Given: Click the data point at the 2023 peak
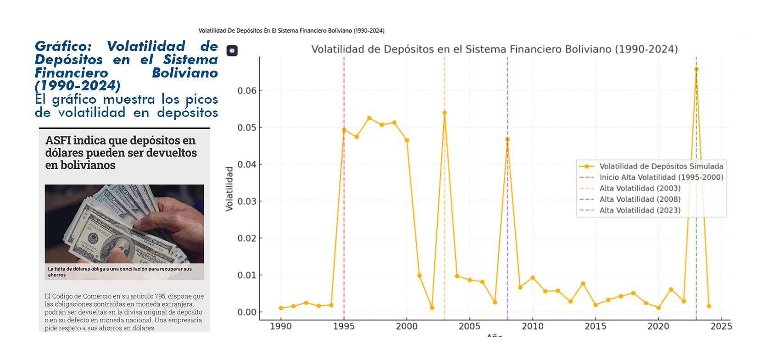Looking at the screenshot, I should (696, 69).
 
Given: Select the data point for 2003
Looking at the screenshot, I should (445, 113).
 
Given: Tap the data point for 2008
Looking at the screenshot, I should (507, 139).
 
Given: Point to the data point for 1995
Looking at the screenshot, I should (344, 130).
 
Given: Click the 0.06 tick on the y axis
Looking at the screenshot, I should (247, 91).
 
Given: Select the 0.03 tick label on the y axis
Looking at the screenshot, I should (247, 201).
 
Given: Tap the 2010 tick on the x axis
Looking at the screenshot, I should (532, 326).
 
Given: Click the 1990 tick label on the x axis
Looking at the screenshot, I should (281, 326).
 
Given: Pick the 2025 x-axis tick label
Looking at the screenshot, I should (721, 326).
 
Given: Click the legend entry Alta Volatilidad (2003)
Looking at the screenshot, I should (640, 188).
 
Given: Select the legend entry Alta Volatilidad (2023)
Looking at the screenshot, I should (640, 210).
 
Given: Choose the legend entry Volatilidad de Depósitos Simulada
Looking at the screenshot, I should (661, 166).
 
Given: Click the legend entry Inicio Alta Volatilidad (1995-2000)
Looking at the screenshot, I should (661, 177).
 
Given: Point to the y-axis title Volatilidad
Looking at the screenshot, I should (229, 189).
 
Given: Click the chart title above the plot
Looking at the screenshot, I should (494, 49).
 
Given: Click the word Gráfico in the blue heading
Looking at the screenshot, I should (63, 46).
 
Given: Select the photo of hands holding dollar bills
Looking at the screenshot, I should (124, 224).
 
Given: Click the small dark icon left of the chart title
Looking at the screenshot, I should (232, 50).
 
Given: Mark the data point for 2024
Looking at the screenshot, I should (709, 306).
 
